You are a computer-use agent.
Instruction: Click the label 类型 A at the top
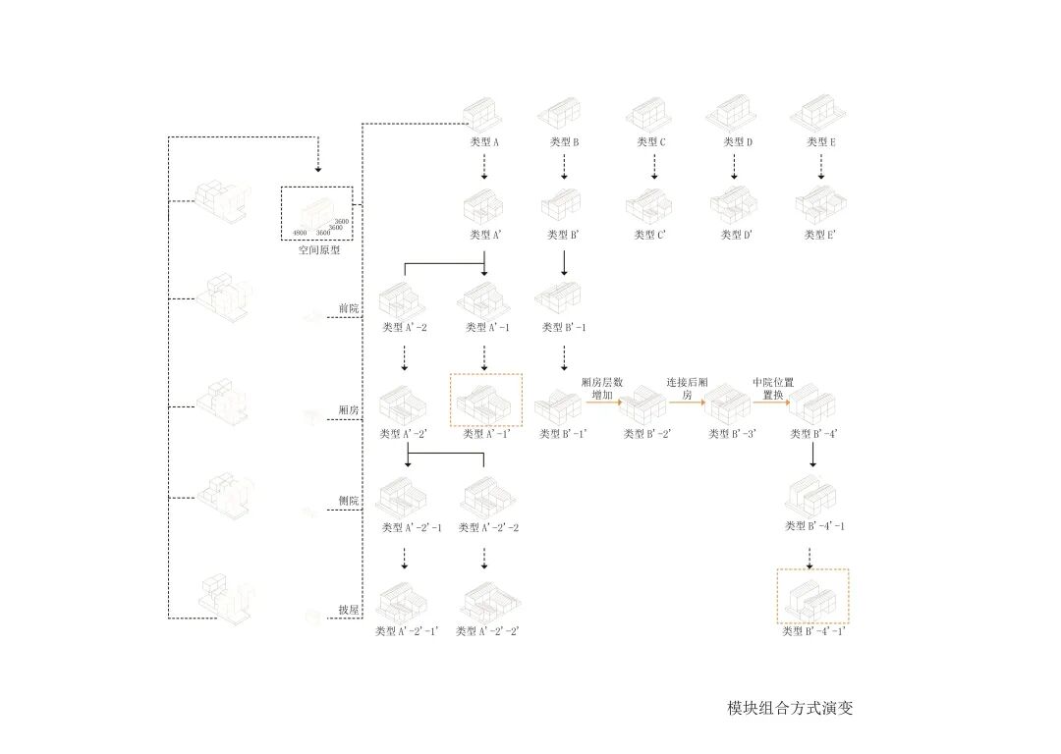(485, 142)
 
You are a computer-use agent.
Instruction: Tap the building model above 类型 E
(818, 114)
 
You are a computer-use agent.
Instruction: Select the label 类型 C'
(650, 236)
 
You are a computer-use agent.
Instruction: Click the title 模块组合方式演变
(790, 708)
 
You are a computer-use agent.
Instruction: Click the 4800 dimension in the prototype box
(300, 233)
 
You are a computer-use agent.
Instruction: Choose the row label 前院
(348, 308)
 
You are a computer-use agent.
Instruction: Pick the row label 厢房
(348, 411)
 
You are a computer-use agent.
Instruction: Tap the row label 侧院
(348, 501)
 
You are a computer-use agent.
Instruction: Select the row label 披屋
(348, 610)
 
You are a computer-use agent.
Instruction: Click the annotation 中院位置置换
(773, 388)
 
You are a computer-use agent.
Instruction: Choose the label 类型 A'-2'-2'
(487, 631)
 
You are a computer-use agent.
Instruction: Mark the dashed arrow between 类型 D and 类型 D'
(734, 167)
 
